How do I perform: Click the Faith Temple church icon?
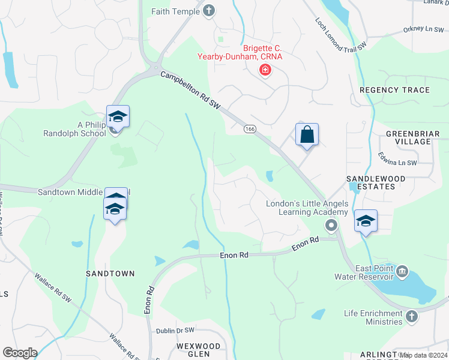[x=209, y=10]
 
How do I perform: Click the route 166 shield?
[x=250, y=128]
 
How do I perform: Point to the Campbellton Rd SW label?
[x=190, y=91]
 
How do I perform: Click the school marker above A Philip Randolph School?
[x=118, y=117]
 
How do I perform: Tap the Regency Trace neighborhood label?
[x=394, y=90]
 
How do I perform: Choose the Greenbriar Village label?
[x=408, y=137]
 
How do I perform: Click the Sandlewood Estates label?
[x=376, y=182]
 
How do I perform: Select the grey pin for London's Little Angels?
[x=330, y=226]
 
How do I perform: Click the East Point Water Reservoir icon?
[x=402, y=271]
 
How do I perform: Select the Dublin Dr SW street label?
[x=175, y=330]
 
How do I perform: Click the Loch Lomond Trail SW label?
[x=340, y=34]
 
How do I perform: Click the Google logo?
[x=20, y=353]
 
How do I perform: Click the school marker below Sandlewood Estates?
[x=365, y=221]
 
